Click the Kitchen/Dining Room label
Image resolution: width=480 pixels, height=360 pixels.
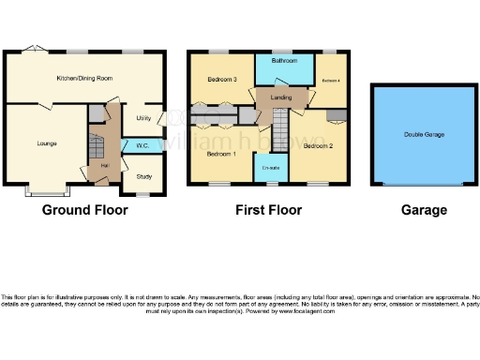[84, 79]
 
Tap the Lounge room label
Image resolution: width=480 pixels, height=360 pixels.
[47, 143]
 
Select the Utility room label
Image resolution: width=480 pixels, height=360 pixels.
[143, 118]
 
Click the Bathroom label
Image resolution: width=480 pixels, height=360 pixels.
[284, 61]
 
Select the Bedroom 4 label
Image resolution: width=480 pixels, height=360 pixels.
[331, 82]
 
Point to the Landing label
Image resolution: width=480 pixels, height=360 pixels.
[279, 97]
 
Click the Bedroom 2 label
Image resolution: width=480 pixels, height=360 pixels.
[319, 145]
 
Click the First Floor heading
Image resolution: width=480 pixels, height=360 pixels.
[266, 211]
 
